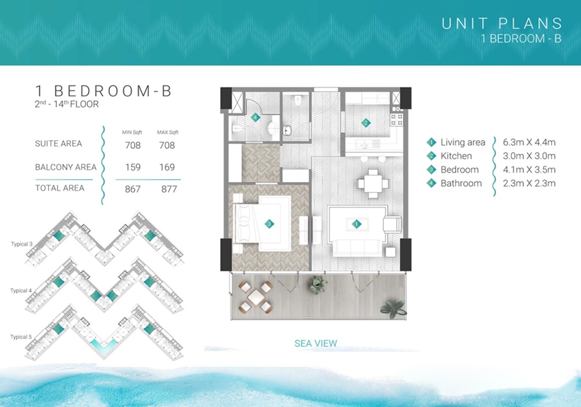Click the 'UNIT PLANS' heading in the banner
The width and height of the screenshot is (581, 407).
[x=502, y=24]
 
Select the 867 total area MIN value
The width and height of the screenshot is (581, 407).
[x=132, y=189]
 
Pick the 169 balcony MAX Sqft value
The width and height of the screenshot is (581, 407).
[x=166, y=167]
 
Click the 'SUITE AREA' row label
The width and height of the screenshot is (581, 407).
[x=58, y=144]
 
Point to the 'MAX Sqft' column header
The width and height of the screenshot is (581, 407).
[x=166, y=132]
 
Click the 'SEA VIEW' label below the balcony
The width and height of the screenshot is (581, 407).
[x=315, y=344]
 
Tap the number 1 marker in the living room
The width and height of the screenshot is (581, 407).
[x=357, y=223]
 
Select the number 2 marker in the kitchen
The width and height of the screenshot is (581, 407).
[x=365, y=123]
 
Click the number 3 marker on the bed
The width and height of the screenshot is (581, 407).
[x=269, y=223]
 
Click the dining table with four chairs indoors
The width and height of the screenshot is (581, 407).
[x=372, y=184]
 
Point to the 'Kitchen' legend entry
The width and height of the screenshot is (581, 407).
[x=456, y=156]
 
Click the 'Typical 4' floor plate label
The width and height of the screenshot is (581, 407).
[x=21, y=291]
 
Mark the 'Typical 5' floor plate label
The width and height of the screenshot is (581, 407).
[x=21, y=337]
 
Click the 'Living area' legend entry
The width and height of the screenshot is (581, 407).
[x=462, y=142]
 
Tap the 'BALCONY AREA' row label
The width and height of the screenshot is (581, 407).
[x=66, y=167]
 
